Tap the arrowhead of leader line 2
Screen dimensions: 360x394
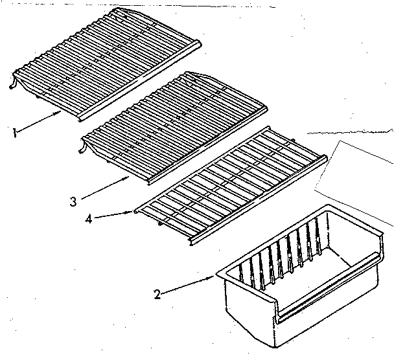coord(214,277)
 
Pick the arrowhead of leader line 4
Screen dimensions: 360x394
coord(135,210)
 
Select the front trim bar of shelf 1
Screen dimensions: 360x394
coord(136,84)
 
